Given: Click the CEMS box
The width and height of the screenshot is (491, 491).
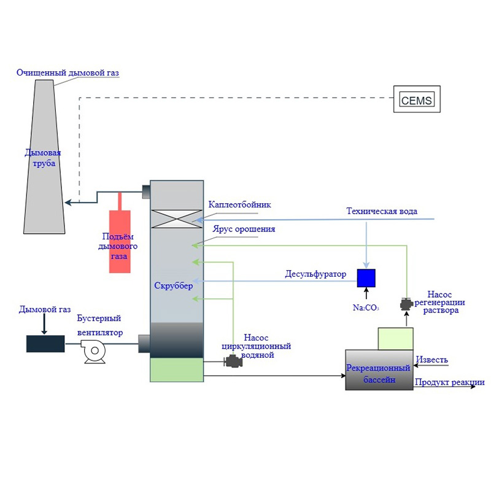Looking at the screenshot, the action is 417,99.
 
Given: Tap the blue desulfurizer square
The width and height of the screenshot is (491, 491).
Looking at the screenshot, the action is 366,278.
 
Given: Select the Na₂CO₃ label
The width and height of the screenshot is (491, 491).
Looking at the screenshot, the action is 366,308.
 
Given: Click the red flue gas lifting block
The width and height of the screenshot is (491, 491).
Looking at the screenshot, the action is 120,241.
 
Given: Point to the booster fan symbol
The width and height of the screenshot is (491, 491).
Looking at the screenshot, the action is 94,351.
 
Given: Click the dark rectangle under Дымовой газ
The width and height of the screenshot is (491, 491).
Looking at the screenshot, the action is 45,344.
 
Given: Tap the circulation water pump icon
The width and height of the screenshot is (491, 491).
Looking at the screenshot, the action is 233,361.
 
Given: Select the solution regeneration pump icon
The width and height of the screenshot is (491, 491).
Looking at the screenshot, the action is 406,304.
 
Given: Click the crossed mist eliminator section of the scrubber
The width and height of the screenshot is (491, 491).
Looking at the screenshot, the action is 177,219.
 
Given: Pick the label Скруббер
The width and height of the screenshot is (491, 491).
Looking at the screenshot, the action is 174,285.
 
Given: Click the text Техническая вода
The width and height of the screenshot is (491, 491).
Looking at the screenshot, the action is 382,211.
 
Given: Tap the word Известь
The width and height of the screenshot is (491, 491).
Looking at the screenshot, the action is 432,360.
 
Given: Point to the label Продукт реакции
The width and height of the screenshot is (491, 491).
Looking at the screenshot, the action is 450,382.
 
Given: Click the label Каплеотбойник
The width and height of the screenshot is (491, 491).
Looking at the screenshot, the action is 239,205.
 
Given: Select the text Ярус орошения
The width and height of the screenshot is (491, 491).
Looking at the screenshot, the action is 244,229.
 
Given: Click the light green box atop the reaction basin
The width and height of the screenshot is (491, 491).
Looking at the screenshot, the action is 395,339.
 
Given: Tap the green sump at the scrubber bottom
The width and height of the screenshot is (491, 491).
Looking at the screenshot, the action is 177,370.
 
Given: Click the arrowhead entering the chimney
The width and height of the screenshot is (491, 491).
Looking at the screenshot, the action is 68,203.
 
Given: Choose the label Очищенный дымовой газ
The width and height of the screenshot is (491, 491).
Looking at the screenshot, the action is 68,72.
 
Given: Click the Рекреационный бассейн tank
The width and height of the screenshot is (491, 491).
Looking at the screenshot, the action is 379,370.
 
